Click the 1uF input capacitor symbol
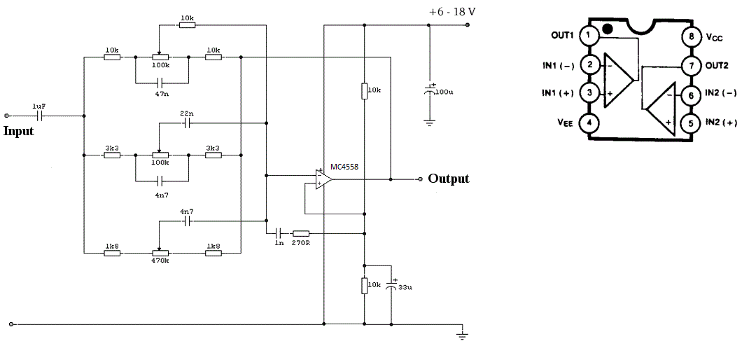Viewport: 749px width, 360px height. click(40, 116)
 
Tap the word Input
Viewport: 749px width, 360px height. click(19, 131)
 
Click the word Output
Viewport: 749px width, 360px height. click(449, 179)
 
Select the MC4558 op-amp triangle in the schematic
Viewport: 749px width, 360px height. click(323, 179)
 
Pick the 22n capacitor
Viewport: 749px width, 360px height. click(187, 124)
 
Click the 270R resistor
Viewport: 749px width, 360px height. click(301, 234)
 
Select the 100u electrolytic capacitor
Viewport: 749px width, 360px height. click(429, 90)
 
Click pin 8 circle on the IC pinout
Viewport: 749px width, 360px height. click(690, 36)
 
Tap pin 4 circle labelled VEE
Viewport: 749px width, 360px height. click(588, 123)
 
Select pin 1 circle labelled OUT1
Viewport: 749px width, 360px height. click(588, 35)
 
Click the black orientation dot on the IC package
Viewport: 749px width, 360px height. click(608, 29)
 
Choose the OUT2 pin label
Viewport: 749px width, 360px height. click(717, 66)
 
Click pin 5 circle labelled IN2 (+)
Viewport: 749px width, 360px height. click(690, 123)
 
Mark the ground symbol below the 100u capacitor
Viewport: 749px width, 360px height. click(429, 123)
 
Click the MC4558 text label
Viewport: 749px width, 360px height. click(344, 167)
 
